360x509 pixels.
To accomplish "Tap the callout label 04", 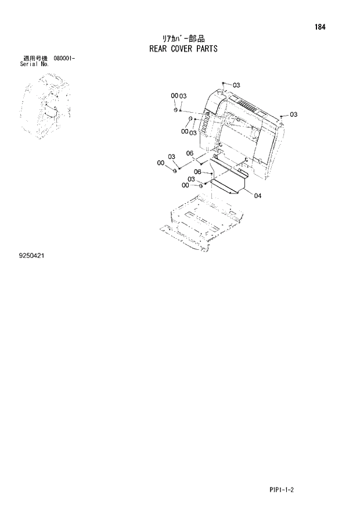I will pyautogui.click(x=257, y=196).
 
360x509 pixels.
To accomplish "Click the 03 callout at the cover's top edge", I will pyautogui.click(x=236, y=85).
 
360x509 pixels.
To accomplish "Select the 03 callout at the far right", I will pyautogui.click(x=293, y=114).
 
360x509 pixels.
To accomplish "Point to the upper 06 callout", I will pyautogui.click(x=189, y=153).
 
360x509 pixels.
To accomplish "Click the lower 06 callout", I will pyautogui.click(x=197, y=172).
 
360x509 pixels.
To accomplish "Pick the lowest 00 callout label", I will pyautogui.click(x=185, y=185).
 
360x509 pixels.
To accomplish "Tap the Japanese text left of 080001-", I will pyautogui.click(x=34, y=59).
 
